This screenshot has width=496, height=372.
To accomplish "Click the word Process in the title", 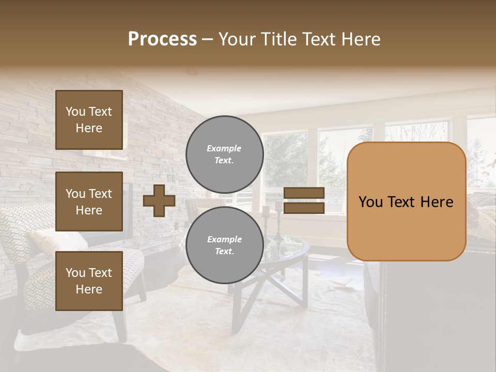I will pos(162,39).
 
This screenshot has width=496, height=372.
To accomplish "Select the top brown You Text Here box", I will pos(89,120).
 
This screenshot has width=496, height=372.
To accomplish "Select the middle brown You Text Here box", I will pos(89,202).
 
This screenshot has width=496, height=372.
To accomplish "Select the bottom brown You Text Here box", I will pos(89,281).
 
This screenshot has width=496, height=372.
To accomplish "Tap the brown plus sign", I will pos(159,200).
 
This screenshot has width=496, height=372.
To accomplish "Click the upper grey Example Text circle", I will pos(224,154).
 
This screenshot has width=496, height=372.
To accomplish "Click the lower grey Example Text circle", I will pos(224,245).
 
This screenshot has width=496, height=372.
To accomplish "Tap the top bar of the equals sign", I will pos(304,193).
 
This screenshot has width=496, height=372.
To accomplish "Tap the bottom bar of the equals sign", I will pos(304,208).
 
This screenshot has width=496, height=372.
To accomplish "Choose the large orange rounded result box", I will pos(406,202).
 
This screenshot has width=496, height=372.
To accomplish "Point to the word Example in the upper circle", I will pos(224,148).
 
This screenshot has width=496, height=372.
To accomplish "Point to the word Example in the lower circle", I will pos(224,239).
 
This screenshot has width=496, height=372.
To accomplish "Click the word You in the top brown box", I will pos(75,112).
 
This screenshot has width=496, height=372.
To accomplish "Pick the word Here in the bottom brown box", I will pos(89,289).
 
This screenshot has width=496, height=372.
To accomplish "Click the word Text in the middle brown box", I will pos(100,194).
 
